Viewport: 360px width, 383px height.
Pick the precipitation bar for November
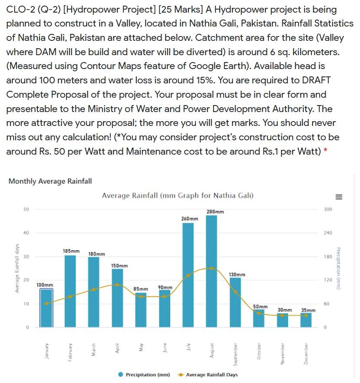[x=283, y=320]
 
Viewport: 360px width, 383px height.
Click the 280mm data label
[x=215, y=211]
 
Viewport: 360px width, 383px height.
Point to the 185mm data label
[x=71, y=251]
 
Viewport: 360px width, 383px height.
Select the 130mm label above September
[x=237, y=274]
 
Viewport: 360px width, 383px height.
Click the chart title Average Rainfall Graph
[x=178, y=196]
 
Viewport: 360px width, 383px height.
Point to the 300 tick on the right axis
[x=328, y=209]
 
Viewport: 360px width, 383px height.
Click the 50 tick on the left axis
[x=26, y=209]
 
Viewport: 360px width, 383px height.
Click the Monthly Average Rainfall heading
[x=50, y=181]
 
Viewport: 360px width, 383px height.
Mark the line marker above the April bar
[x=117, y=284]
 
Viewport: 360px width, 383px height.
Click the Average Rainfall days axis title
[x=16, y=267]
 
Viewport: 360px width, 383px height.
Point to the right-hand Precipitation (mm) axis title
[x=343, y=267]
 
